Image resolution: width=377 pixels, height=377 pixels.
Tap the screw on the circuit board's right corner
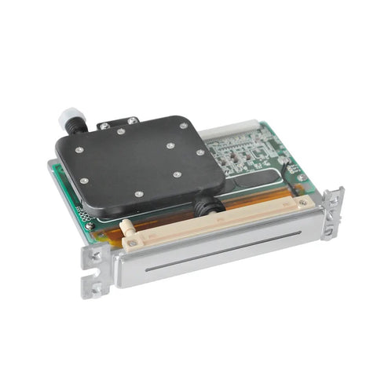(300, 177)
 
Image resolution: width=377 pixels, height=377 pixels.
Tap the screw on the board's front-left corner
(89, 225)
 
